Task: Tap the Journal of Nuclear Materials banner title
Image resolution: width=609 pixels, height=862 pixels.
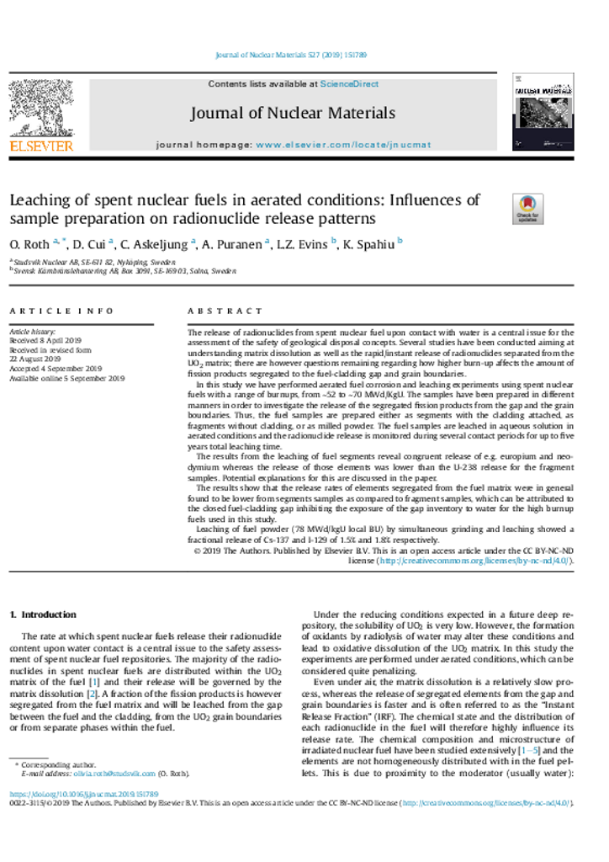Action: click(292, 113)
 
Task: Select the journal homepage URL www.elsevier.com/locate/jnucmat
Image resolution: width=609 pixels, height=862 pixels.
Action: click(343, 145)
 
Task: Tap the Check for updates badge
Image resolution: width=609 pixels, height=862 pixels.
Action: click(527, 209)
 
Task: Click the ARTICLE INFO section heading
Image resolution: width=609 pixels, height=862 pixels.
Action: click(61, 311)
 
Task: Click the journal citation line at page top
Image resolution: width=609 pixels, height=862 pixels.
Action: click(291, 55)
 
